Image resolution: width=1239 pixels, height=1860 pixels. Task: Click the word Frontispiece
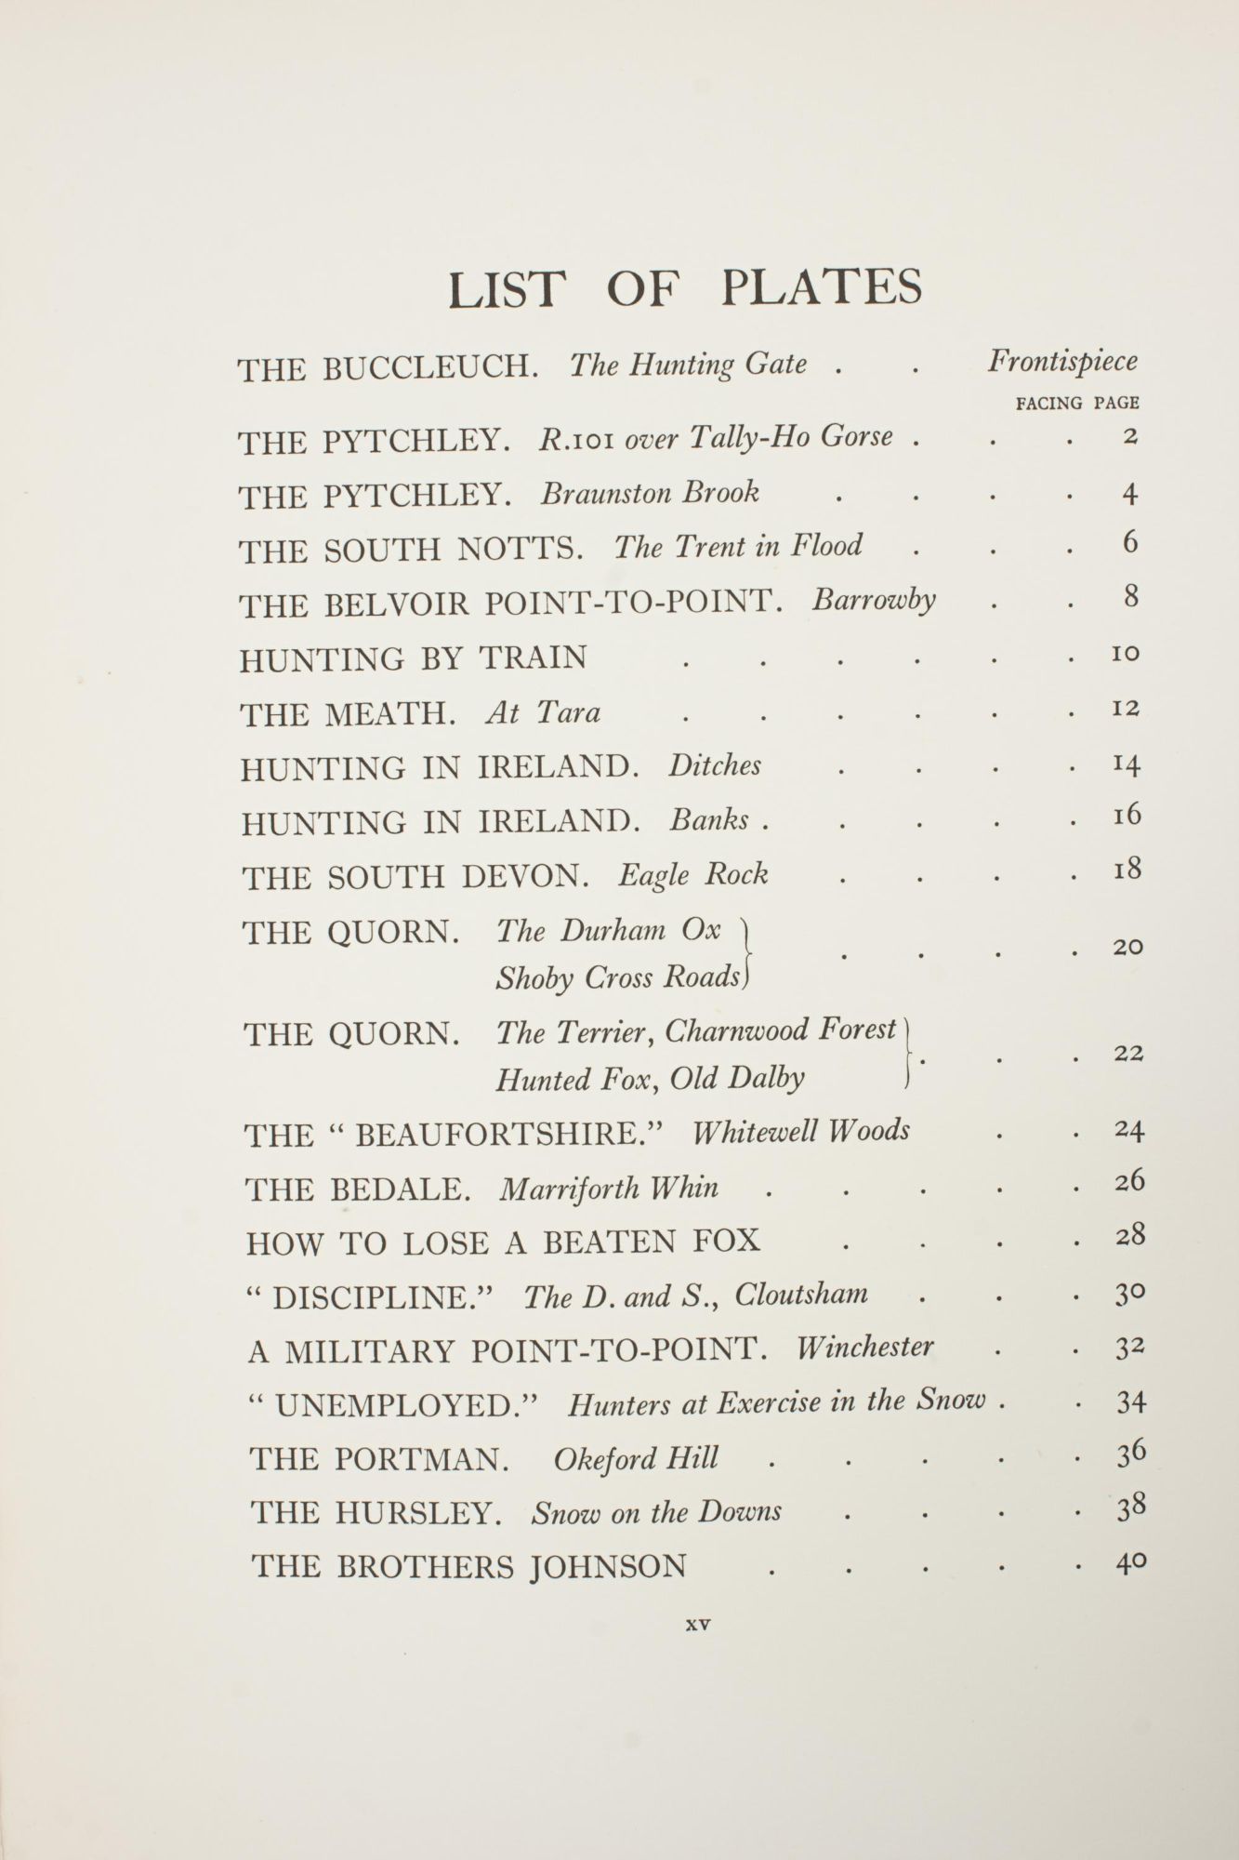click(1062, 362)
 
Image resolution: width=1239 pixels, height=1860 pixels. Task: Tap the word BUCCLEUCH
click(430, 367)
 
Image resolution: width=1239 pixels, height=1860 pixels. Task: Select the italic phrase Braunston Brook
click(650, 493)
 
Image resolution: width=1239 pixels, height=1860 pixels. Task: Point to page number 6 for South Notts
click(1129, 543)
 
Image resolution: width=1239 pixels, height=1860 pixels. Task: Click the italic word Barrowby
click(874, 600)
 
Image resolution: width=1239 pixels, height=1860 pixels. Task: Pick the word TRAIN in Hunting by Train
click(533, 658)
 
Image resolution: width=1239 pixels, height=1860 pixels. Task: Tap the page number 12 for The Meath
click(1127, 709)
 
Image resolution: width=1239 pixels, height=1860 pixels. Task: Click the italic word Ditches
click(714, 765)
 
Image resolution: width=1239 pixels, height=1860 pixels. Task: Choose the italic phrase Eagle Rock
click(693, 875)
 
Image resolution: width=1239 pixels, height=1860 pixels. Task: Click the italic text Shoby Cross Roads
click(618, 978)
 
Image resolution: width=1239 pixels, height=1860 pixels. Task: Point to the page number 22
click(1128, 1054)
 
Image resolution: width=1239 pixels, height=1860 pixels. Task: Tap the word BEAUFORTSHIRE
click(507, 1136)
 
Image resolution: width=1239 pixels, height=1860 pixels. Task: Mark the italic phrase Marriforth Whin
click(609, 1189)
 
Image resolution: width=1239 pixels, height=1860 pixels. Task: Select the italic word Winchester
click(864, 1348)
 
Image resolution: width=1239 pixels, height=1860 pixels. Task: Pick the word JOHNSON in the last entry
click(608, 1567)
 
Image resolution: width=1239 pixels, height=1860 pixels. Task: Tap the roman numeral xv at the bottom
click(697, 1625)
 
